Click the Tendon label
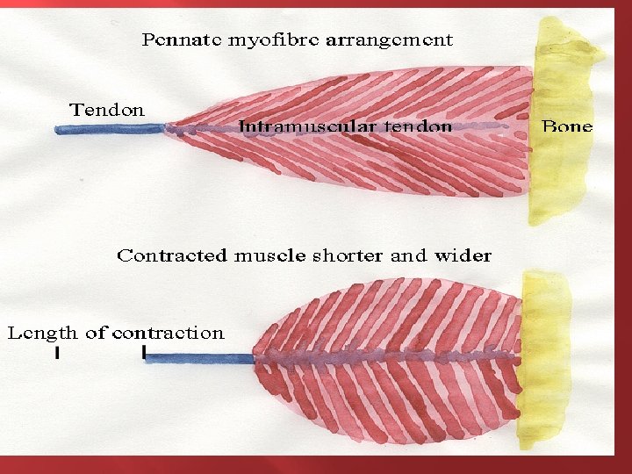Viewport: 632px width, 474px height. pyautogui.click(x=107, y=110)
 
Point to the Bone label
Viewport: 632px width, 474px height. pyautogui.click(x=567, y=126)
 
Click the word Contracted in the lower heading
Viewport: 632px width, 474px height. pyautogui.click(x=174, y=256)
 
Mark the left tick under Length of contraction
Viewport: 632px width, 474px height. pyautogui.click(x=56, y=354)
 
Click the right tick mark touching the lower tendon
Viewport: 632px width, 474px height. pyautogui.click(x=144, y=354)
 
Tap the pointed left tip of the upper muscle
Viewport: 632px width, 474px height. pyautogui.click(x=169, y=128)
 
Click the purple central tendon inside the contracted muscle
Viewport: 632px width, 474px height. pyautogui.click(x=386, y=357)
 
